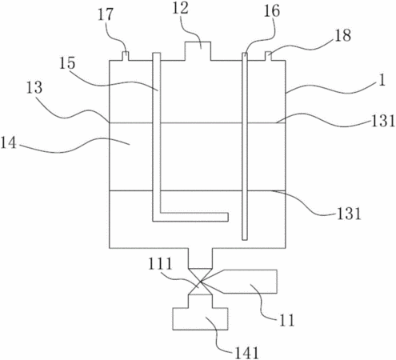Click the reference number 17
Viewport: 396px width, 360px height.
pyautogui.click(x=106, y=15)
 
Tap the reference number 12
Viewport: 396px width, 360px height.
pyautogui.click(x=180, y=8)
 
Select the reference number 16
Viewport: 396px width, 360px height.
pyautogui.click(x=272, y=11)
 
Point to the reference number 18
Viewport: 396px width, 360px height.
pyautogui.click(x=343, y=35)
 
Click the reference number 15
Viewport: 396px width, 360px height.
pyautogui.click(x=67, y=63)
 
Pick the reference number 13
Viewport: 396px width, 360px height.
pyautogui.click(x=34, y=87)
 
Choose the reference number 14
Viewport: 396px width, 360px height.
pyautogui.click(x=9, y=142)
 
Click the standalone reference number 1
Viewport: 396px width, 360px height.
pyautogui.click(x=382, y=80)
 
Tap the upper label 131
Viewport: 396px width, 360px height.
pyautogui.click(x=382, y=120)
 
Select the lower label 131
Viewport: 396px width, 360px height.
pyautogui.click(x=349, y=213)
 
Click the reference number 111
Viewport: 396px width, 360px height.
pyautogui.click(x=160, y=263)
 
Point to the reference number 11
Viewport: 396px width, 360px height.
pyautogui.click(x=286, y=320)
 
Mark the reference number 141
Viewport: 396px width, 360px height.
pyautogui.click(x=246, y=353)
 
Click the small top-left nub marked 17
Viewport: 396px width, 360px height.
pyautogui.click(x=125, y=56)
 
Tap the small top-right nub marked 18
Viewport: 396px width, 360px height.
pyautogui.click(x=268, y=56)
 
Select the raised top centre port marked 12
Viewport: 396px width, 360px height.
pyautogui.click(x=198, y=51)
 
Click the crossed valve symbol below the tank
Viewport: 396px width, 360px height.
pyautogui.click(x=200, y=282)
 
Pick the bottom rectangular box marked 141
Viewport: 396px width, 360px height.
pyautogui.click(x=200, y=319)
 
